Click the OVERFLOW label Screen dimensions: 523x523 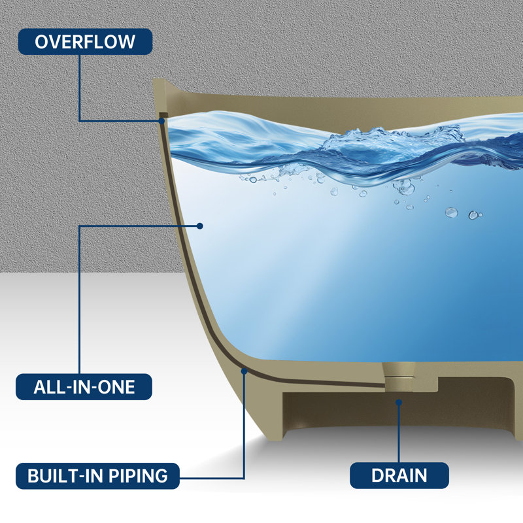85,42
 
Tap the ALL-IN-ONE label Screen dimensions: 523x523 84,386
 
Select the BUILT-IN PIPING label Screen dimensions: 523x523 97,476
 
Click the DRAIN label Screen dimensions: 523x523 399,476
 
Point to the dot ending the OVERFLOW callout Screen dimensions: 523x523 161,121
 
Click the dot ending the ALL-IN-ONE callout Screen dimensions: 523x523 200,226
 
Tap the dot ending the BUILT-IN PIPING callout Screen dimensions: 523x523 244,371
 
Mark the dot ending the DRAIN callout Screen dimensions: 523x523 399,403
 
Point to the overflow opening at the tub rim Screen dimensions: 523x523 162,115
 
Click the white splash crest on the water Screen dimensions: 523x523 394,137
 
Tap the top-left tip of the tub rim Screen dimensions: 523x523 153,79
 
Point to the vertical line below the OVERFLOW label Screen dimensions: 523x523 80,88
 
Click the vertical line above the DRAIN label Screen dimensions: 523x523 399,433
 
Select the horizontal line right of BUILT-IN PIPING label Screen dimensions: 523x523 212,479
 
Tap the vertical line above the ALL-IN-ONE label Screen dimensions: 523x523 80,299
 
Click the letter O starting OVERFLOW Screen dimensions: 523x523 41,42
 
